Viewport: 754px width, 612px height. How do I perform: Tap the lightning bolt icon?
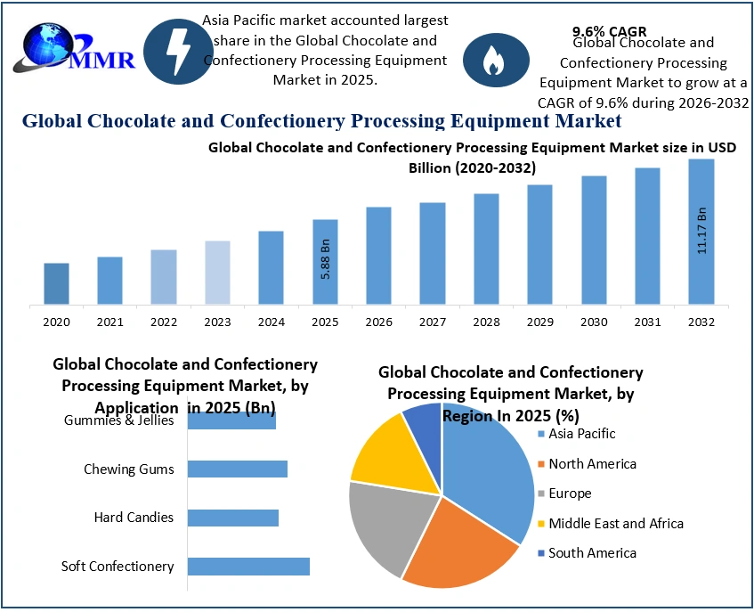pyautogui.click(x=178, y=51)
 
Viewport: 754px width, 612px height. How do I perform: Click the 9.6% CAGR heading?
pyautogui.click(x=609, y=31)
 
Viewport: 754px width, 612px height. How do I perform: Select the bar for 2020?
pyautogui.click(x=56, y=283)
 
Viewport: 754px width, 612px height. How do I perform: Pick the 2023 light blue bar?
pyautogui.click(x=217, y=272)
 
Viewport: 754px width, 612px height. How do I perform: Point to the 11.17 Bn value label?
pyautogui.click(x=701, y=232)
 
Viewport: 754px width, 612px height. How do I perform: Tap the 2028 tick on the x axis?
pyautogui.click(x=486, y=322)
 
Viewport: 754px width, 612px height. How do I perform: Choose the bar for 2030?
pyautogui.click(x=594, y=241)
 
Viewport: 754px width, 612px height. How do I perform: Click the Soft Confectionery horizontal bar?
pyautogui.click(x=248, y=567)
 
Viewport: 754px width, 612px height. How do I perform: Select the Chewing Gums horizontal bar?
pyautogui.click(x=237, y=469)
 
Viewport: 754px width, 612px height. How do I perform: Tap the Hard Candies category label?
pyautogui.click(x=134, y=518)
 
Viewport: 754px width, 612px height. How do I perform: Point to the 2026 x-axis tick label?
pyautogui.click(x=378, y=322)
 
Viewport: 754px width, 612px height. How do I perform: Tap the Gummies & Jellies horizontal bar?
pyautogui.click(x=231, y=420)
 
